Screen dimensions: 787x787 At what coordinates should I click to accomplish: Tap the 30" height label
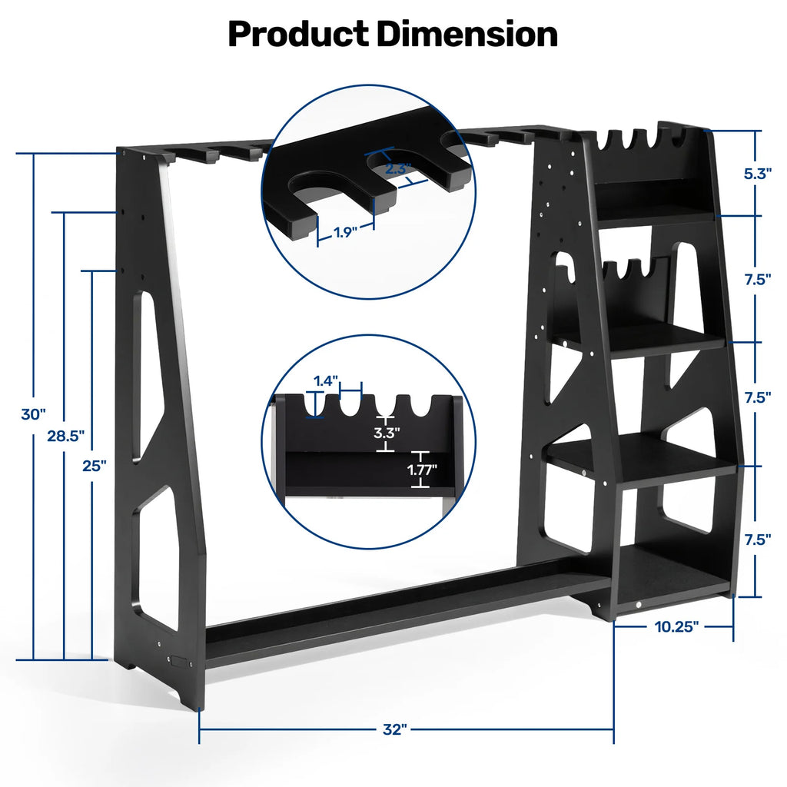[34, 414]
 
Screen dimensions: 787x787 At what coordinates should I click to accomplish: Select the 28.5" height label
[65, 436]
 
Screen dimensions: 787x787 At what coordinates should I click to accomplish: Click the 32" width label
[393, 730]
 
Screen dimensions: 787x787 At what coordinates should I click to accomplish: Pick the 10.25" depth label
[676, 626]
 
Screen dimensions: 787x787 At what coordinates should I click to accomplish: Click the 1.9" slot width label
[346, 232]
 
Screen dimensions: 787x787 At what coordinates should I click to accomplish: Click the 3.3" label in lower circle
[387, 432]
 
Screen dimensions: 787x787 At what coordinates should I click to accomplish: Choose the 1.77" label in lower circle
[422, 467]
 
